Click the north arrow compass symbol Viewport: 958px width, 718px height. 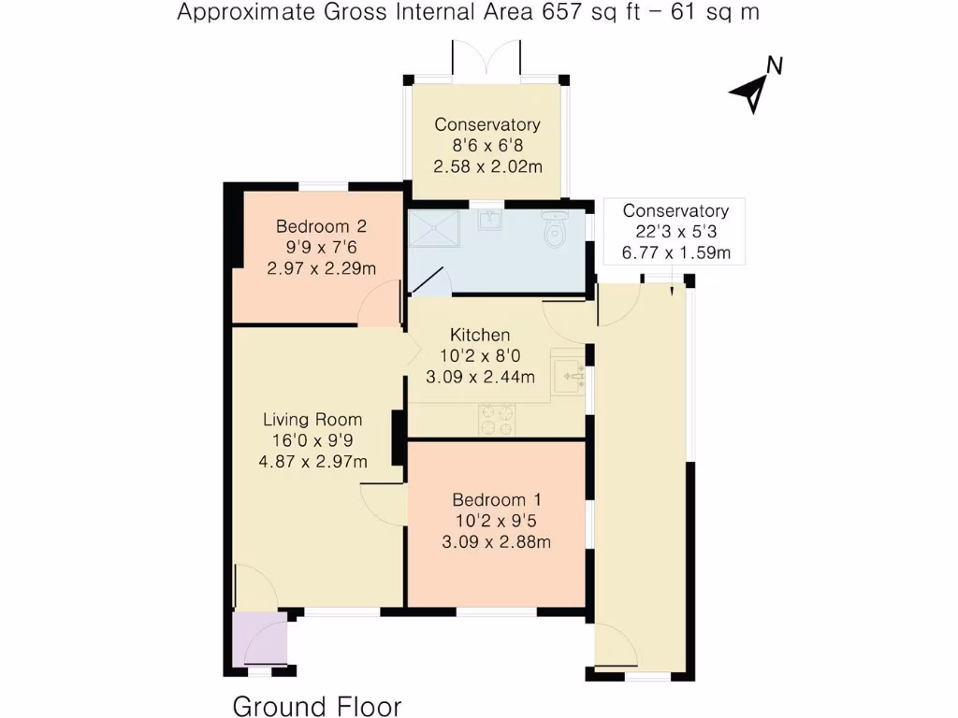tap(756, 86)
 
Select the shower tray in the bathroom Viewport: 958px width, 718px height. tap(436, 228)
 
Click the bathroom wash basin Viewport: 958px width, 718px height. tap(490, 221)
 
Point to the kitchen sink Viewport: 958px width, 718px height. tap(569, 376)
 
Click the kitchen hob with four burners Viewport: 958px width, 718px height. tap(498, 419)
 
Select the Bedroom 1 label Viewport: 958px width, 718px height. tap(496, 499)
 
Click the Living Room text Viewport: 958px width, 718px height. tap(312, 420)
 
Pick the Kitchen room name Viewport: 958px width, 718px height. tap(480, 335)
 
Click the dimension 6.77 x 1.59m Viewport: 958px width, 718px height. tap(675, 252)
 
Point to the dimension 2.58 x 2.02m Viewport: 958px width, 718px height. tap(486, 165)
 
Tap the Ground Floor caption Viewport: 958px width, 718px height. tap(316, 705)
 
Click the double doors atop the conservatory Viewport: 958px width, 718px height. tap(486, 62)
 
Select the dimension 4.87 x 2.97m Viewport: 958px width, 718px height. tap(312, 461)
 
